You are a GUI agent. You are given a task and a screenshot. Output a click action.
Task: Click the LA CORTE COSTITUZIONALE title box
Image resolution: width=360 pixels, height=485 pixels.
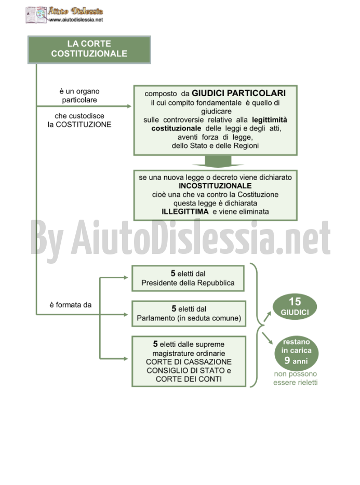[x=89, y=50]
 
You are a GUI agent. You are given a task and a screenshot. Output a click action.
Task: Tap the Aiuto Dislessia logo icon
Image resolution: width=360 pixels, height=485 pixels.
[x=36, y=15]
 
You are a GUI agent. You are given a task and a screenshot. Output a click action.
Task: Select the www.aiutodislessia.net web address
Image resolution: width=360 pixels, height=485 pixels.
[x=76, y=20]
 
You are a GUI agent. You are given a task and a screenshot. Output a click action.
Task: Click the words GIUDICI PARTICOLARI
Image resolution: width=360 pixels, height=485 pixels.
[x=238, y=93]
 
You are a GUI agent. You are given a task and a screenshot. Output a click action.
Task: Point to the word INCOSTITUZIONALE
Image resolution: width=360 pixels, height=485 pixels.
[x=215, y=185]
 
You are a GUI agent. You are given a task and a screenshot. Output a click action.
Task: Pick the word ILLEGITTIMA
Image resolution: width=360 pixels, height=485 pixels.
[x=185, y=211]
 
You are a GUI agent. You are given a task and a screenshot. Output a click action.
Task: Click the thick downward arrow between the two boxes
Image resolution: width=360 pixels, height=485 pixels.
[x=218, y=161]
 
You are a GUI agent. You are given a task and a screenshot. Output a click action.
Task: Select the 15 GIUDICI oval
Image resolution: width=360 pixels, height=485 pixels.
[x=295, y=306]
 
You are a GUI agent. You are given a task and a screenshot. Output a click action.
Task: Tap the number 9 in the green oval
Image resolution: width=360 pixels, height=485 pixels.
[x=287, y=360]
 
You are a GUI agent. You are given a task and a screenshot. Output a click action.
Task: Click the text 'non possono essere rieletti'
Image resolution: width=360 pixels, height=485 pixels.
[x=295, y=378]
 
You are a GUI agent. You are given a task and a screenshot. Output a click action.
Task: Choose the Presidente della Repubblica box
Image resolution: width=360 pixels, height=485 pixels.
[x=188, y=278]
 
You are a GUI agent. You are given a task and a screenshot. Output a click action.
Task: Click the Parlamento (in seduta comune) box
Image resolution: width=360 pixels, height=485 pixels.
[x=189, y=313]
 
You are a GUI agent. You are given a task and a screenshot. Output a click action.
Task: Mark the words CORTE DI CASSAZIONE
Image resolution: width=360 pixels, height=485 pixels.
[x=189, y=361]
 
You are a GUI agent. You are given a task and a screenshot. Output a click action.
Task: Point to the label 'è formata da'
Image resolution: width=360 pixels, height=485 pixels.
[x=71, y=305]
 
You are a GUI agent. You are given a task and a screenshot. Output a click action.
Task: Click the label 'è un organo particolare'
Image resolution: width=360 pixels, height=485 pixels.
[x=79, y=96]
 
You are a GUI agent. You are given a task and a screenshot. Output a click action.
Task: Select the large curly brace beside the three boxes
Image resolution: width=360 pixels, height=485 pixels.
[x=257, y=325]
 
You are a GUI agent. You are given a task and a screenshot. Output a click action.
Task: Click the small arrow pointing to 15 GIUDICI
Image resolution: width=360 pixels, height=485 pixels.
[x=267, y=316]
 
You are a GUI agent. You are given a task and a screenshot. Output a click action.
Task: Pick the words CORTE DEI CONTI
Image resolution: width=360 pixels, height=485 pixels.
[x=189, y=379]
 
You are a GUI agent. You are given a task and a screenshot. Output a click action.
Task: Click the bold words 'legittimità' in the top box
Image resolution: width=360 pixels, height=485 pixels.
[x=270, y=120]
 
